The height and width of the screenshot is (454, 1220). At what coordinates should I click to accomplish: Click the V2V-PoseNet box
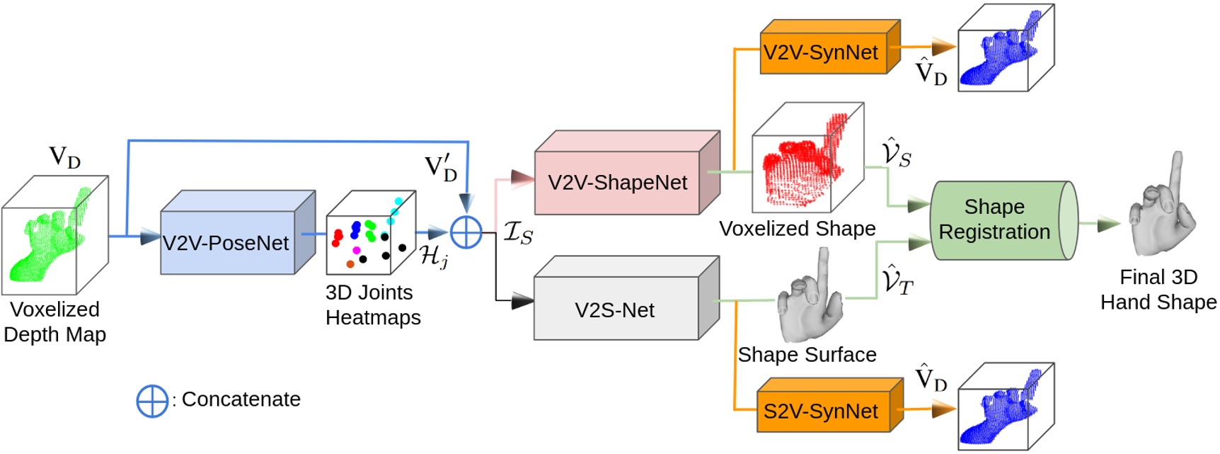pyautogui.click(x=226, y=242)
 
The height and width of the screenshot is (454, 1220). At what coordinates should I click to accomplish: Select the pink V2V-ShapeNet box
pyautogui.click(x=617, y=183)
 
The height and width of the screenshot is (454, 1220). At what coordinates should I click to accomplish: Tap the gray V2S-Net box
pyautogui.click(x=615, y=310)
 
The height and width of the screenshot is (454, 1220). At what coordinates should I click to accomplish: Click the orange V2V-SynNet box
pyautogui.click(x=821, y=52)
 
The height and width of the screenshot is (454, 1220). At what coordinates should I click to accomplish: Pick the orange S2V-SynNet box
pyautogui.click(x=821, y=412)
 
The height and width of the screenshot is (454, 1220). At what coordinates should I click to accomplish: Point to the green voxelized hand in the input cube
pyautogui.click(x=50, y=237)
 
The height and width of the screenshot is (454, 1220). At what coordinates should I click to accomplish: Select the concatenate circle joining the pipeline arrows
pyautogui.click(x=466, y=232)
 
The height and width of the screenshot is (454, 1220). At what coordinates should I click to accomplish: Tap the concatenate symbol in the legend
pyautogui.click(x=151, y=401)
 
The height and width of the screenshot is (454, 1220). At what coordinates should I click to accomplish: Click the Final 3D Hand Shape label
pyautogui.click(x=1158, y=289)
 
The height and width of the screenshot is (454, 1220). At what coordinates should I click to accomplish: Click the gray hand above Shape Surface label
pyautogui.click(x=810, y=301)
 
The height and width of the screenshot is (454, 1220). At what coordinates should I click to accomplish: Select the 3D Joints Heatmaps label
pyautogui.click(x=372, y=305)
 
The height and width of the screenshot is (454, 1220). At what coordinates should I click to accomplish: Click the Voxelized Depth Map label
pyautogui.click(x=54, y=322)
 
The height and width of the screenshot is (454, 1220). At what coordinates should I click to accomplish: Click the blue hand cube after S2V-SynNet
pyautogui.click(x=1005, y=407)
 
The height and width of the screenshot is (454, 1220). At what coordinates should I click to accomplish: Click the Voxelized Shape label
pyautogui.click(x=797, y=229)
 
